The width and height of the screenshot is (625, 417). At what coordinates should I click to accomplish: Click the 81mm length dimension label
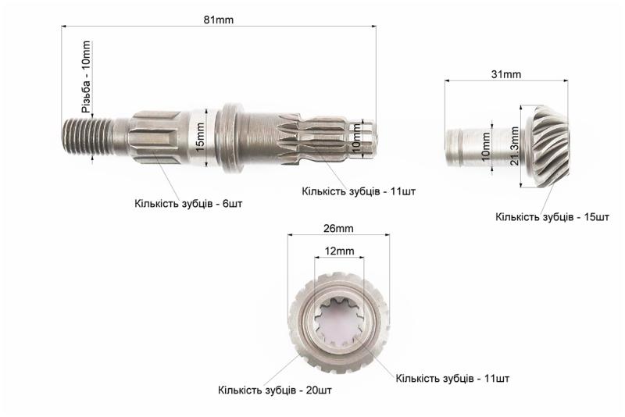(219, 20)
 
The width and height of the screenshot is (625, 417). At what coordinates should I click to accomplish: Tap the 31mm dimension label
(505, 74)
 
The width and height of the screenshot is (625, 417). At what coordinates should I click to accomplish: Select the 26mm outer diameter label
(338, 229)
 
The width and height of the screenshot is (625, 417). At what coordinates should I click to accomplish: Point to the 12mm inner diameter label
(339, 251)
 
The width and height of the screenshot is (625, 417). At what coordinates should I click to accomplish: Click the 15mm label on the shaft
(200, 137)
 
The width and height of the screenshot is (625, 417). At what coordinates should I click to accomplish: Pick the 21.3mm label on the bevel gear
(514, 146)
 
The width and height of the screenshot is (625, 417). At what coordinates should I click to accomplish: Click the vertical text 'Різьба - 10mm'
(86, 77)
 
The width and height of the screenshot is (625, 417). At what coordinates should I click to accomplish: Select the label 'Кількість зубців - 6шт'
(188, 204)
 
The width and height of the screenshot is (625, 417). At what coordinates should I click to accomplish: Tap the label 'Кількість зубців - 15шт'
(552, 217)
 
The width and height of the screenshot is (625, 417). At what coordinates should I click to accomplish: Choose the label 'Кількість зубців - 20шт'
(275, 390)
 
